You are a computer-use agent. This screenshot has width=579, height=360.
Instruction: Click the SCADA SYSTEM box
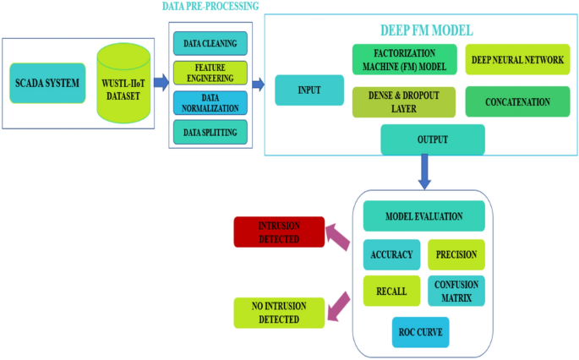(x=46, y=84)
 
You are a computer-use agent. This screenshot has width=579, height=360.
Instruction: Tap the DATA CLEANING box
(x=210, y=42)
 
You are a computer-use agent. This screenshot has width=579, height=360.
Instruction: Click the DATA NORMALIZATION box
(x=210, y=103)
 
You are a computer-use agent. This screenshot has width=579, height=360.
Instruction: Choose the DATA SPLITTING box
(x=210, y=133)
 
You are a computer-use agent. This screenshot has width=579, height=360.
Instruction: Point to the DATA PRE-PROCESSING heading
(x=210, y=7)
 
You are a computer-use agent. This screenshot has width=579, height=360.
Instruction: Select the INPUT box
(x=309, y=90)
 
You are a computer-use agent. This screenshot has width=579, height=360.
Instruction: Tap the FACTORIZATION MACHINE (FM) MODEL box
(x=403, y=60)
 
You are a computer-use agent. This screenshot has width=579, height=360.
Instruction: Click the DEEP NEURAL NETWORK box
(x=516, y=60)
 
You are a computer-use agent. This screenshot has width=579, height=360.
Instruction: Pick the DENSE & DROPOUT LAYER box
(x=403, y=101)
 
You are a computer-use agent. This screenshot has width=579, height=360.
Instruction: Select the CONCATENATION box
(x=516, y=101)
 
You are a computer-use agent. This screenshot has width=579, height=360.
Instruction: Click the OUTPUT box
(x=432, y=139)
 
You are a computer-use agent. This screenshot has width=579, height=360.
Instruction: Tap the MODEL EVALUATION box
(x=423, y=216)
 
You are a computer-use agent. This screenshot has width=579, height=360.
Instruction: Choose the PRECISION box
(x=456, y=254)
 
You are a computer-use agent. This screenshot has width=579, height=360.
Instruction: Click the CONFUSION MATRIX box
(x=456, y=291)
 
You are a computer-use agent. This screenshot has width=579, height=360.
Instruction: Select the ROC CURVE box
(x=420, y=332)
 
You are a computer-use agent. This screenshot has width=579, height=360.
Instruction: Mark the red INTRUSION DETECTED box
(x=278, y=232)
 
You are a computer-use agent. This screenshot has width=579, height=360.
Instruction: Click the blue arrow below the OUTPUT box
(x=425, y=172)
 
